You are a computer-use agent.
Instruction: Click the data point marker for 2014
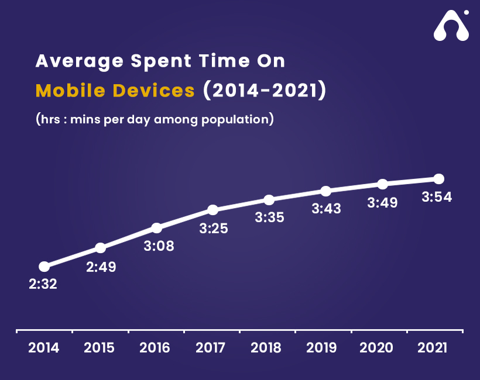(x=44, y=267)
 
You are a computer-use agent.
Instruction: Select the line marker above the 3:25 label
(x=212, y=210)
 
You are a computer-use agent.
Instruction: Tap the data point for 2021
(x=438, y=178)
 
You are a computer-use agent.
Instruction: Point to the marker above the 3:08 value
(x=156, y=228)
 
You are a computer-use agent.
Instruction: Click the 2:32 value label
(x=43, y=285)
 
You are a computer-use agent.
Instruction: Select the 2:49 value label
(x=101, y=267)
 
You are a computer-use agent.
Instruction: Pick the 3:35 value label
(x=269, y=217)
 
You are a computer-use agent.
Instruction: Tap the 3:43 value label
(x=326, y=209)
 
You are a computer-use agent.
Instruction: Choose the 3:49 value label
(x=382, y=203)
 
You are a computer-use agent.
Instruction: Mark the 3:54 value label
(x=437, y=198)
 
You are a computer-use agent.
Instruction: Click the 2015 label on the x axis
(x=100, y=348)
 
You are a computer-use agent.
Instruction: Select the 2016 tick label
(x=155, y=348)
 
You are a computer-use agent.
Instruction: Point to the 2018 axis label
(x=266, y=348)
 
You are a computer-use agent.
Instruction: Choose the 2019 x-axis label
(x=322, y=348)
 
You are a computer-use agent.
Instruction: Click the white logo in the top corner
(x=451, y=26)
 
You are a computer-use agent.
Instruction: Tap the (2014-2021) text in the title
(x=263, y=91)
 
